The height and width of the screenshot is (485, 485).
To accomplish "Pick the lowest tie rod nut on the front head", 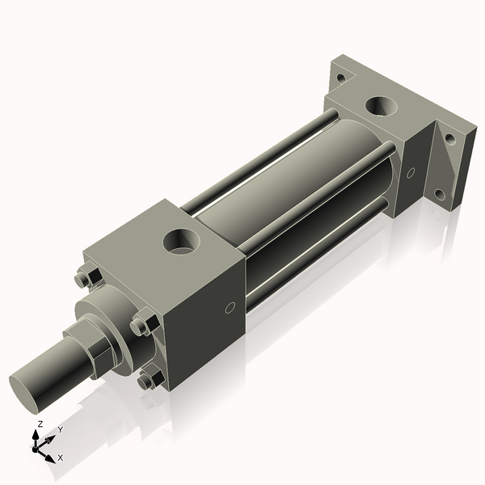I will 147,378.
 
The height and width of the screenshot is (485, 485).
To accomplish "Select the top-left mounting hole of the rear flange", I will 341,78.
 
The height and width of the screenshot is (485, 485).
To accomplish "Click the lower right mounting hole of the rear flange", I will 439,194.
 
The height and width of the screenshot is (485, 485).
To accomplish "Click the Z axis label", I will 40,424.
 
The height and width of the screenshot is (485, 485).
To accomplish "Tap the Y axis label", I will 60,430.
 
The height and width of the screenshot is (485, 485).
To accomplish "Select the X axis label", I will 60,458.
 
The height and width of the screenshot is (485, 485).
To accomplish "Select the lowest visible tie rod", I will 315,259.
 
